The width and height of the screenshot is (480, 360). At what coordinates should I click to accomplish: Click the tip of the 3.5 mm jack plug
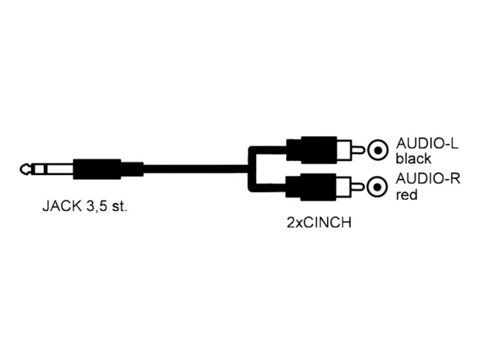(20, 169)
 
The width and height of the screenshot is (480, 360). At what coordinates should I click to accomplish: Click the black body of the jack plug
(97, 169)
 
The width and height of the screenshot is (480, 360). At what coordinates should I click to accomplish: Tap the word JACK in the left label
(62, 206)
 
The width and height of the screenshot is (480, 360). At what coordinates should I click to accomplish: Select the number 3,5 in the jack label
(96, 206)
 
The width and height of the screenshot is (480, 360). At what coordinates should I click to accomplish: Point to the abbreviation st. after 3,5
(119, 206)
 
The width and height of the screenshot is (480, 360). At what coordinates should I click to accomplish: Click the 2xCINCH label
(319, 223)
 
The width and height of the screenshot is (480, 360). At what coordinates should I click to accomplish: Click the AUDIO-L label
(427, 143)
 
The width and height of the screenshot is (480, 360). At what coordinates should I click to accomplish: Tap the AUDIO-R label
(428, 178)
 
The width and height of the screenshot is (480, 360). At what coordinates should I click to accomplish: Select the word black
(413, 158)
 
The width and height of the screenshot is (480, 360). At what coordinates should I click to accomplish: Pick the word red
(407, 194)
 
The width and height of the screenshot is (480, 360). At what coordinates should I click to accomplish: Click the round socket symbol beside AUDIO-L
(378, 151)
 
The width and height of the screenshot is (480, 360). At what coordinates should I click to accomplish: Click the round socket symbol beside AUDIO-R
(378, 187)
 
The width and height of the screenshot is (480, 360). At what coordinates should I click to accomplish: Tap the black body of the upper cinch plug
(311, 149)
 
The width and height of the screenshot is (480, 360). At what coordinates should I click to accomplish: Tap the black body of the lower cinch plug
(311, 187)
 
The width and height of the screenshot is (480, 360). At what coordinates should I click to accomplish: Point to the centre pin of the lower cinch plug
(358, 187)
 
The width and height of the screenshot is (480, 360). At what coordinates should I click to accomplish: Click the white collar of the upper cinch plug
(344, 150)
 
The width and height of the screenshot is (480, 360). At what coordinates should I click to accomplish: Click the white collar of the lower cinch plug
(344, 187)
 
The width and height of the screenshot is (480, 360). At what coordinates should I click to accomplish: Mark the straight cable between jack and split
(196, 169)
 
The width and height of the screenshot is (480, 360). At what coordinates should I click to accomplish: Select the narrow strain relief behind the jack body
(132, 169)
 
